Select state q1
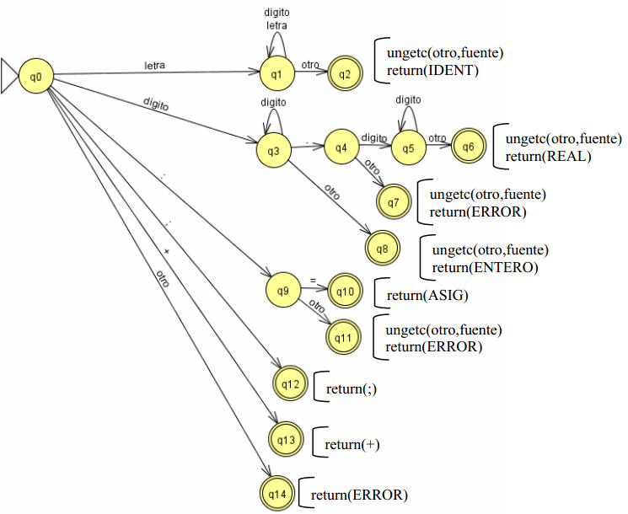click(276, 74)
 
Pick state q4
click(341, 147)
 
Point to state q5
click(408, 147)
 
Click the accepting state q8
click(382, 249)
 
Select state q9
click(282, 292)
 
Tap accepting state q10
click(346, 292)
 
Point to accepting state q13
click(287, 438)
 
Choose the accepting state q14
click(278, 493)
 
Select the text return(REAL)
click(548, 156)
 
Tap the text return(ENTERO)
click(485, 267)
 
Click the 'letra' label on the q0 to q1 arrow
click(155, 66)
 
